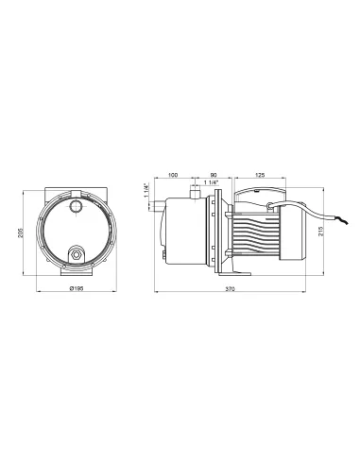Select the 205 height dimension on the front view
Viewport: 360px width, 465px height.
pyautogui.click(x=20, y=232)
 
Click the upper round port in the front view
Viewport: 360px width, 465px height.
pyautogui.click(x=77, y=205)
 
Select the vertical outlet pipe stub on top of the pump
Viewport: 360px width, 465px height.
pyautogui.click(x=193, y=193)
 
